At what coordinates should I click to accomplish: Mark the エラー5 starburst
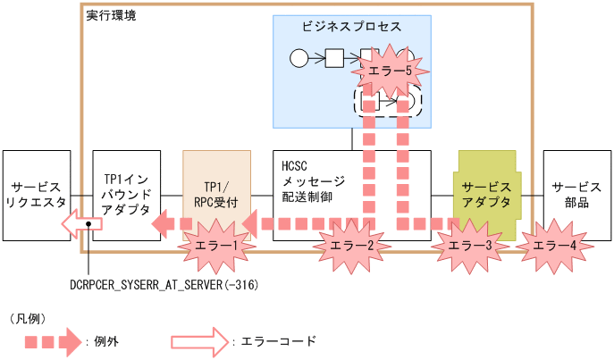386,71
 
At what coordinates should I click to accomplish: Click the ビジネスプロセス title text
352,27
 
